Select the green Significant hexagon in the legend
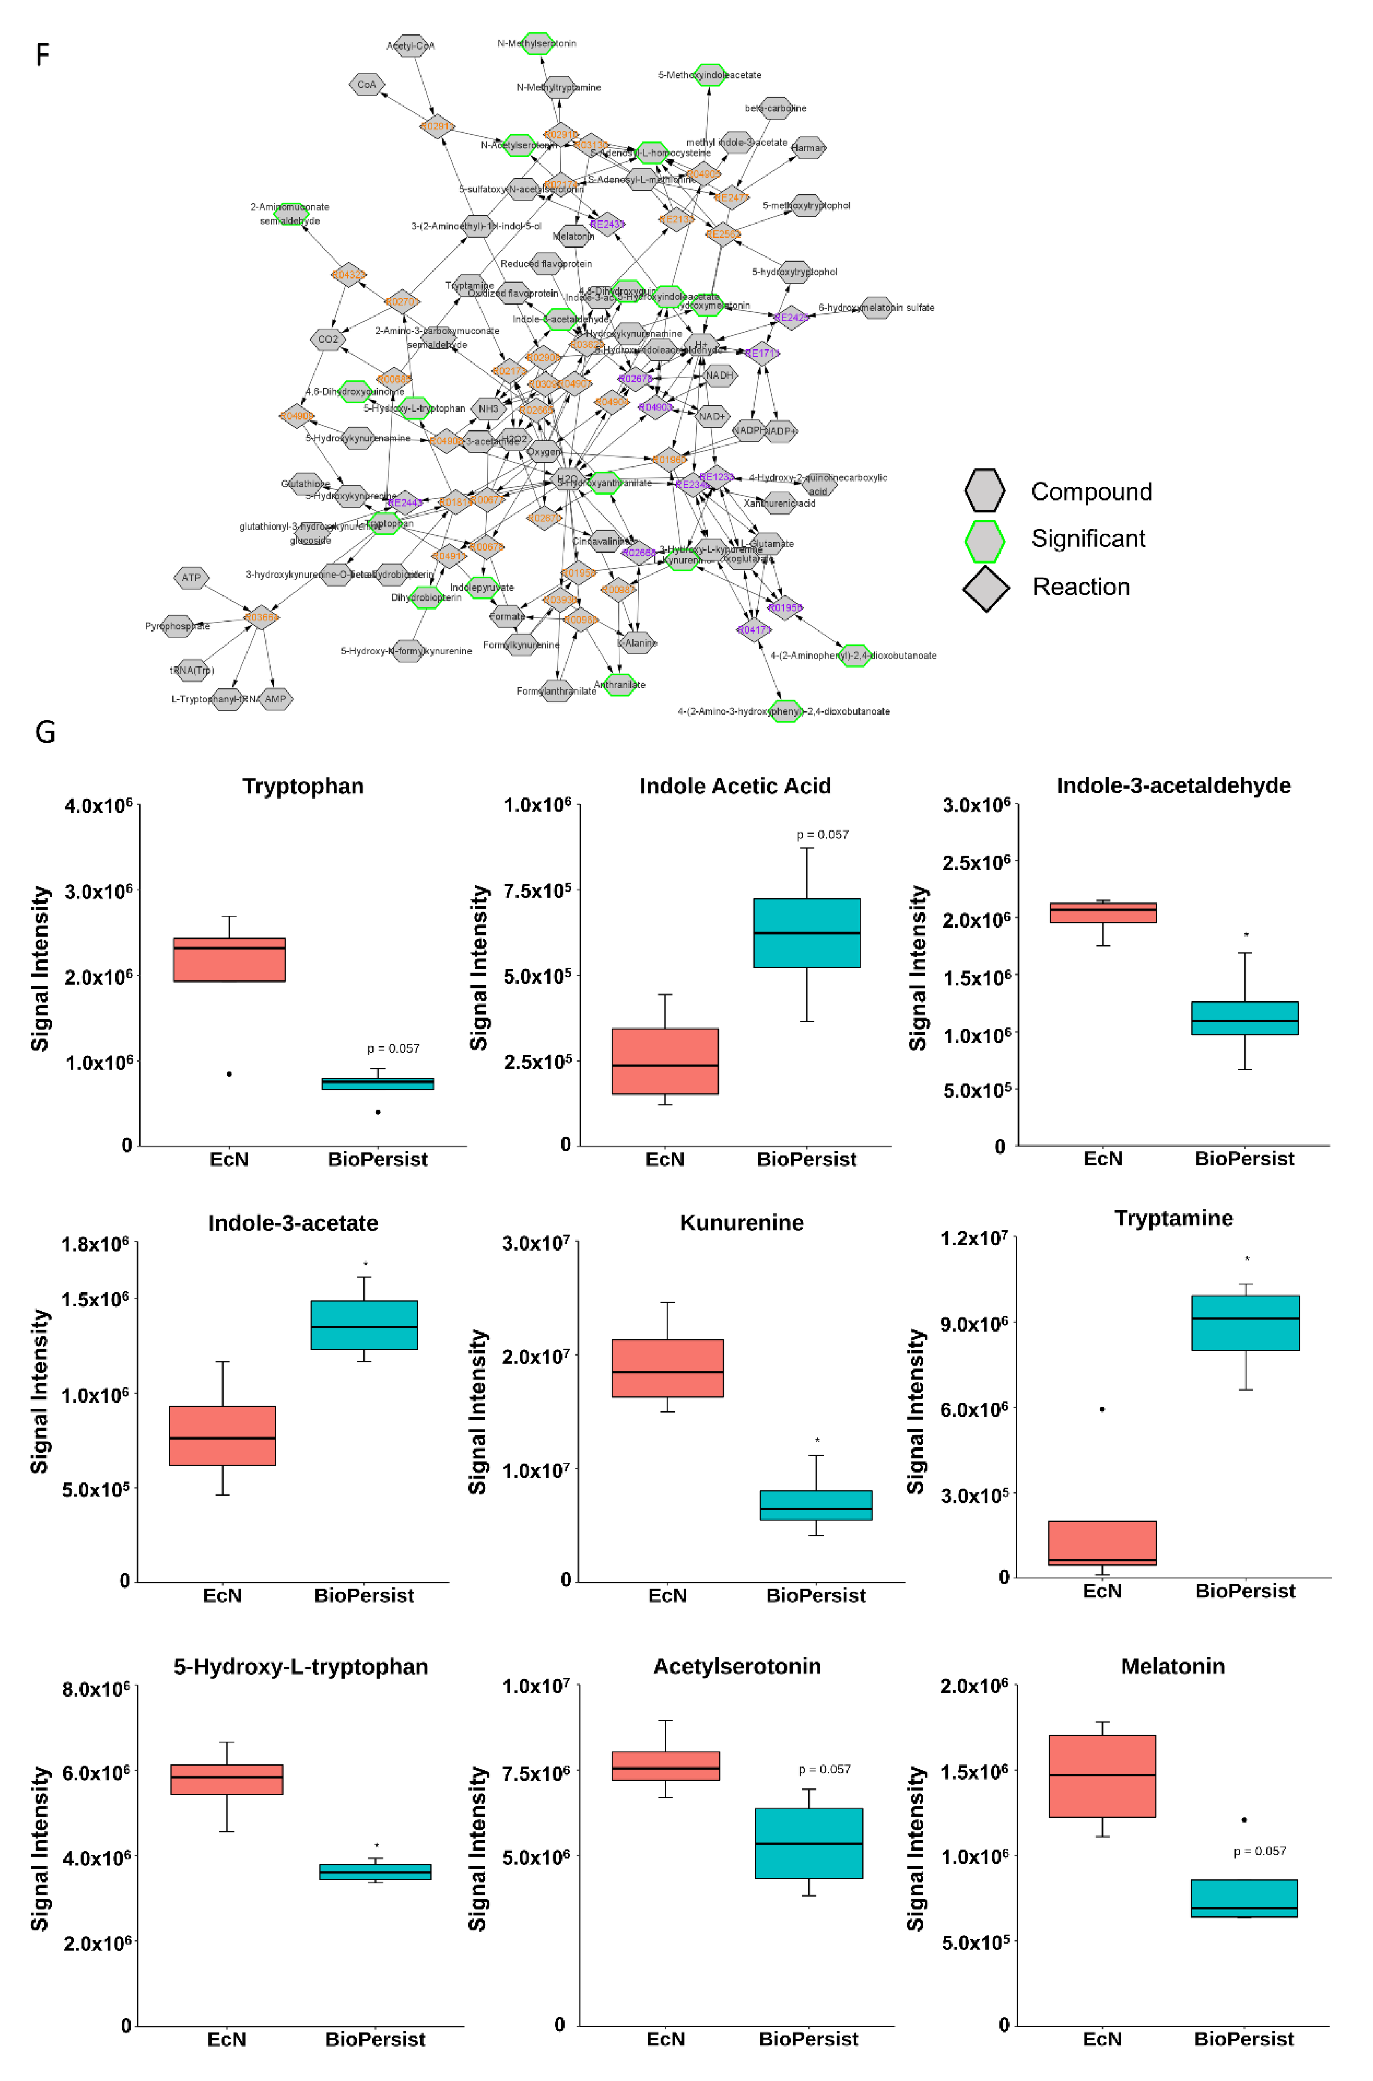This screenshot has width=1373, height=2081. (x=984, y=540)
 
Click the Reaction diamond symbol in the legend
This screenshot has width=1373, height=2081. (x=986, y=588)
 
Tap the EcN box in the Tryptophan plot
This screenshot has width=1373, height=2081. (x=229, y=959)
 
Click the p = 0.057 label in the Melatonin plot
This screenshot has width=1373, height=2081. (x=1259, y=1851)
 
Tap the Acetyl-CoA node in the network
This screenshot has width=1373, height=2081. (x=410, y=46)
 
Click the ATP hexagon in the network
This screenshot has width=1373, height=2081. (x=191, y=578)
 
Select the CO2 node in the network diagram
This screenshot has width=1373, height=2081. (x=327, y=339)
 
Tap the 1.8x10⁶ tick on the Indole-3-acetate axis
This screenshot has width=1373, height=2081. (x=95, y=1244)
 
